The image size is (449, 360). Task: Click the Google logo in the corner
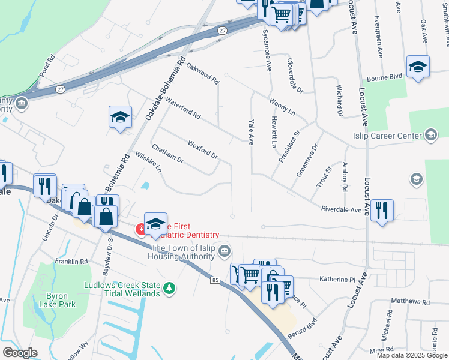pos(19,353)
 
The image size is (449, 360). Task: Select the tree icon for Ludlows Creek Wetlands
pos(170,289)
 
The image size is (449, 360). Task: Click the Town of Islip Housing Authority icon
pos(224,250)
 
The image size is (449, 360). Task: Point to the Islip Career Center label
pos(388,136)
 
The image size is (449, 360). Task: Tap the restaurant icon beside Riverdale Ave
pos(382,211)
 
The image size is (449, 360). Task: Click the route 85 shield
pos(215,280)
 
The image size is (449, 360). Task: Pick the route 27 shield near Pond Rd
pos(60,89)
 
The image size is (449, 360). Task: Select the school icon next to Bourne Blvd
pos(418,67)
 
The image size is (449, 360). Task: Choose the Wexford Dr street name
pos(202,149)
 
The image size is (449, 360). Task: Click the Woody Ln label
pos(282,107)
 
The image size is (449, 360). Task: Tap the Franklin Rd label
pos(71,262)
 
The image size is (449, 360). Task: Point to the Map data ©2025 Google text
pos(412,355)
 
